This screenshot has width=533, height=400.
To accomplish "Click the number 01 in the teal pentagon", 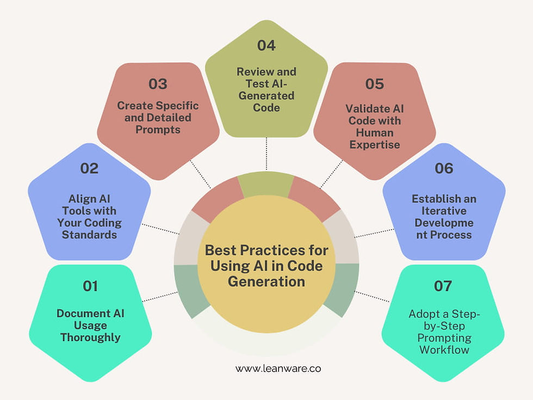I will click(90, 286).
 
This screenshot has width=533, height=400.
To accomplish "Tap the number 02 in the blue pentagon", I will click(89, 168).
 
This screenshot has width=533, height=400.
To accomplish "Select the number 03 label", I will click(158, 84).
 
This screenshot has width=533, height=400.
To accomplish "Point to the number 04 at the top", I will click(266, 45).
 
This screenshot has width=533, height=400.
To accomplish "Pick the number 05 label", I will click(374, 84).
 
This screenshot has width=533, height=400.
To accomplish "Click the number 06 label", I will click(444, 168).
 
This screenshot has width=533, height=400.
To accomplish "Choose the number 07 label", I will click(443, 286).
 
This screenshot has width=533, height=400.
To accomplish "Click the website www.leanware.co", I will click(278, 368).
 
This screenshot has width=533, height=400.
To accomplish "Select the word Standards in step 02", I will click(89, 235).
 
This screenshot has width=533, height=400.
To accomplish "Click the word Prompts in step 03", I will click(158, 130).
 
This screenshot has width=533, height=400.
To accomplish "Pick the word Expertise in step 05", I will click(375, 145).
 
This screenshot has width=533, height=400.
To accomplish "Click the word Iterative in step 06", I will click(444, 211).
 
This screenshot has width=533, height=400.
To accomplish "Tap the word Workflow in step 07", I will click(444, 350).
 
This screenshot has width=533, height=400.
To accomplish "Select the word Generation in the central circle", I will click(266, 282).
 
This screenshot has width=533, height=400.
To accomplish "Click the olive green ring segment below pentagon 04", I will click(266, 184).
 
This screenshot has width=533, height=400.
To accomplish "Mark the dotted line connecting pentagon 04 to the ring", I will click(266, 154).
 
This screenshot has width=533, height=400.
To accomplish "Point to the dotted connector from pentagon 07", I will click(373, 296).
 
